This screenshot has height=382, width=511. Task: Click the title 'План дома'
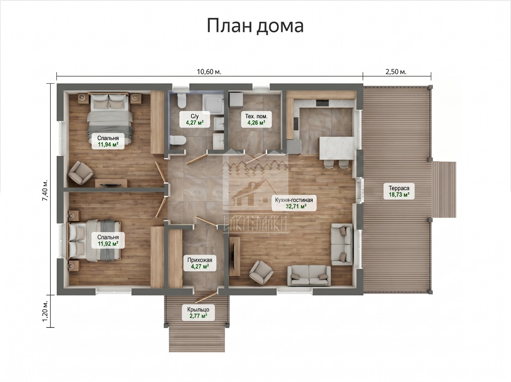pyautogui.click(x=255, y=26)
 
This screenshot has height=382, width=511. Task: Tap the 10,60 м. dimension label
pyautogui.click(x=209, y=72)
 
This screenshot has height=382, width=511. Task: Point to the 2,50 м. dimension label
pyautogui.click(x=396, y=72)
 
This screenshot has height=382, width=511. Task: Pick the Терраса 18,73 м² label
pyautogui.click(x=399, y=191)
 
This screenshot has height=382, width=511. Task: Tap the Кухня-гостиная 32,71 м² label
pyautogui.click(x=294, y=203)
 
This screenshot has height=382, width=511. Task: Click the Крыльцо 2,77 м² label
pyautogui.click(x=198, y=313)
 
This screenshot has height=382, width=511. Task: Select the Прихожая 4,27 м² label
pyautogui.click(x=200, y=263)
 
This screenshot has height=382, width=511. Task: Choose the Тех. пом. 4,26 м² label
pyautogui.click(x=256, y=120)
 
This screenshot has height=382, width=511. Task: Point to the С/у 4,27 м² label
pyautogui.click(x=195, y=119)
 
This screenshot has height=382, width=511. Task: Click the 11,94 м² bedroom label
pyautogui.click(x=108, y=141)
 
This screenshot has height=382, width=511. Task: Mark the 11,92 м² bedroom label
pyautogui.click(x=108, y=241)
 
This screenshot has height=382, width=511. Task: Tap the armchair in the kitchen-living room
pyautogui.click(x=261, y=272)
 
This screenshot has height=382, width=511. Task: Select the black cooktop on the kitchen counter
pyautogui.click(x=322, y=103)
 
